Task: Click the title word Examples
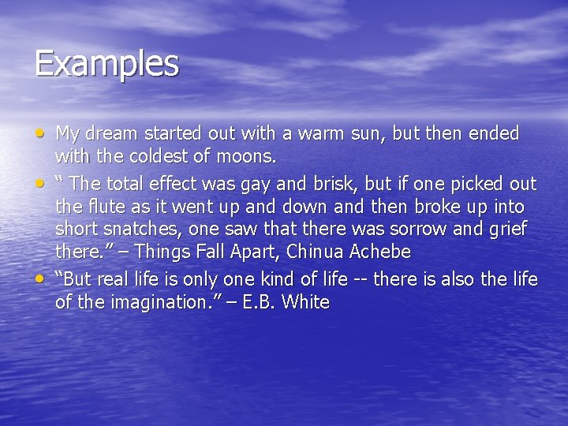(x=106, y=63)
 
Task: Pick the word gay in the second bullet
(x=267, y=185)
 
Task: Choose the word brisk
(x=338, y=185)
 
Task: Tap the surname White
(x=305, y=303)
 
